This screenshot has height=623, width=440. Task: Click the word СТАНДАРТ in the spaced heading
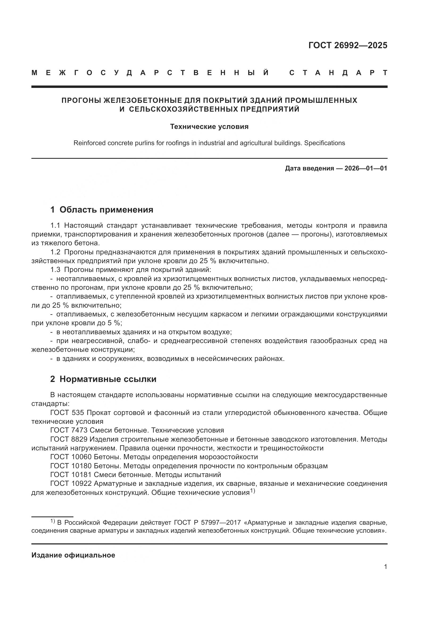pos(338,73)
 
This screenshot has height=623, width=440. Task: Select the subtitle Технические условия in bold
pos(209,127)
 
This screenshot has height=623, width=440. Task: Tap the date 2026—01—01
pos(366,168)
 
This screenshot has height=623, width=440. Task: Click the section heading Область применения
pos(106,209)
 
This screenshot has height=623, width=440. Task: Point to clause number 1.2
pos(55,252)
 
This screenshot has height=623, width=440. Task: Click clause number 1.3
pos(55,270)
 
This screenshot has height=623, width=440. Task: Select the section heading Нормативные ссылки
pos(108,379)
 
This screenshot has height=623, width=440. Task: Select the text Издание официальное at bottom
pos(73,555)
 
